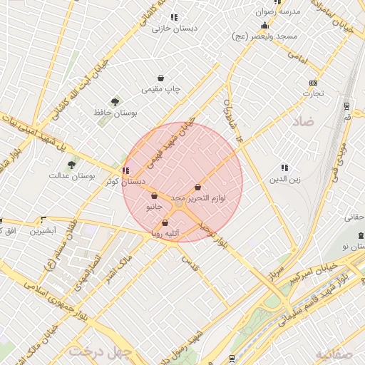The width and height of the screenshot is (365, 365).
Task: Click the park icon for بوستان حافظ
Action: click(115, 102)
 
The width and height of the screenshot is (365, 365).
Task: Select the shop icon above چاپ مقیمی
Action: click(162, 78)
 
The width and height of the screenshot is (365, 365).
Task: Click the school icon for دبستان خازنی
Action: click(173, 17)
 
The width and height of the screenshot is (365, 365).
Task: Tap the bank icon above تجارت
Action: click(312, 82)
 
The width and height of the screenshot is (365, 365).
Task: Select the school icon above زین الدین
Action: click(284, 168)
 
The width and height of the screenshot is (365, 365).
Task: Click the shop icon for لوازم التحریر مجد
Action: click(197, 187)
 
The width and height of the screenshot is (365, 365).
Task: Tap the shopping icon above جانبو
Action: click(154, 195)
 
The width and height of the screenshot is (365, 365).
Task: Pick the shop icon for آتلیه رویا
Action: click(165, 223)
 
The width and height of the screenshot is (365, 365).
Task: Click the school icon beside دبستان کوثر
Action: click(126, 170)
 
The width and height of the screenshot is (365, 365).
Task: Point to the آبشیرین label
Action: click(42, 231)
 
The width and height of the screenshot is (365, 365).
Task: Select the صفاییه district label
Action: click(333, 353)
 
